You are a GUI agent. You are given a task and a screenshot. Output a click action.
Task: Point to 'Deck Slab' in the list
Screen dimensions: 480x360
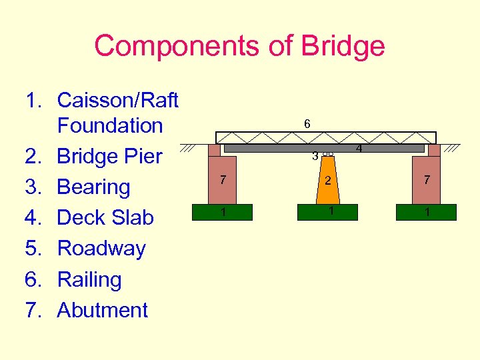tap(105, 217)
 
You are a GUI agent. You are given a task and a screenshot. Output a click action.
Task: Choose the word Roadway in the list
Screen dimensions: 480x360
tap(101, 248)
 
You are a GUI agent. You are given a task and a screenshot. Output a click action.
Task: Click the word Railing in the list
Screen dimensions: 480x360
tap(89, 279)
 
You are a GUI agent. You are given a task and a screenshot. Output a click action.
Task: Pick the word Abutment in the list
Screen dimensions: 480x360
tap(103, 310)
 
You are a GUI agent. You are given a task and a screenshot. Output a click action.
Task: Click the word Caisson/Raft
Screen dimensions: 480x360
tap(118, 100)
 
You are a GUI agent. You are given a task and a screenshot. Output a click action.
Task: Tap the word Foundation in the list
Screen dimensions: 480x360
tap(110, 125)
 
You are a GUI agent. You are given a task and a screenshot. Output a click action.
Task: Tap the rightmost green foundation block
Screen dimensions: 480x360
tap(426, 212)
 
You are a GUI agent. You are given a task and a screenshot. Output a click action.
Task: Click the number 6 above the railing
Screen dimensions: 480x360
tap(307, 124)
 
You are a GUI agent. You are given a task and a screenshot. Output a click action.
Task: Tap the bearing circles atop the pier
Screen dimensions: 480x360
tap(327, 154)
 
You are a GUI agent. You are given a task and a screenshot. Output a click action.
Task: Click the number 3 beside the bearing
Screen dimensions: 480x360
tap(315, 157)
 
